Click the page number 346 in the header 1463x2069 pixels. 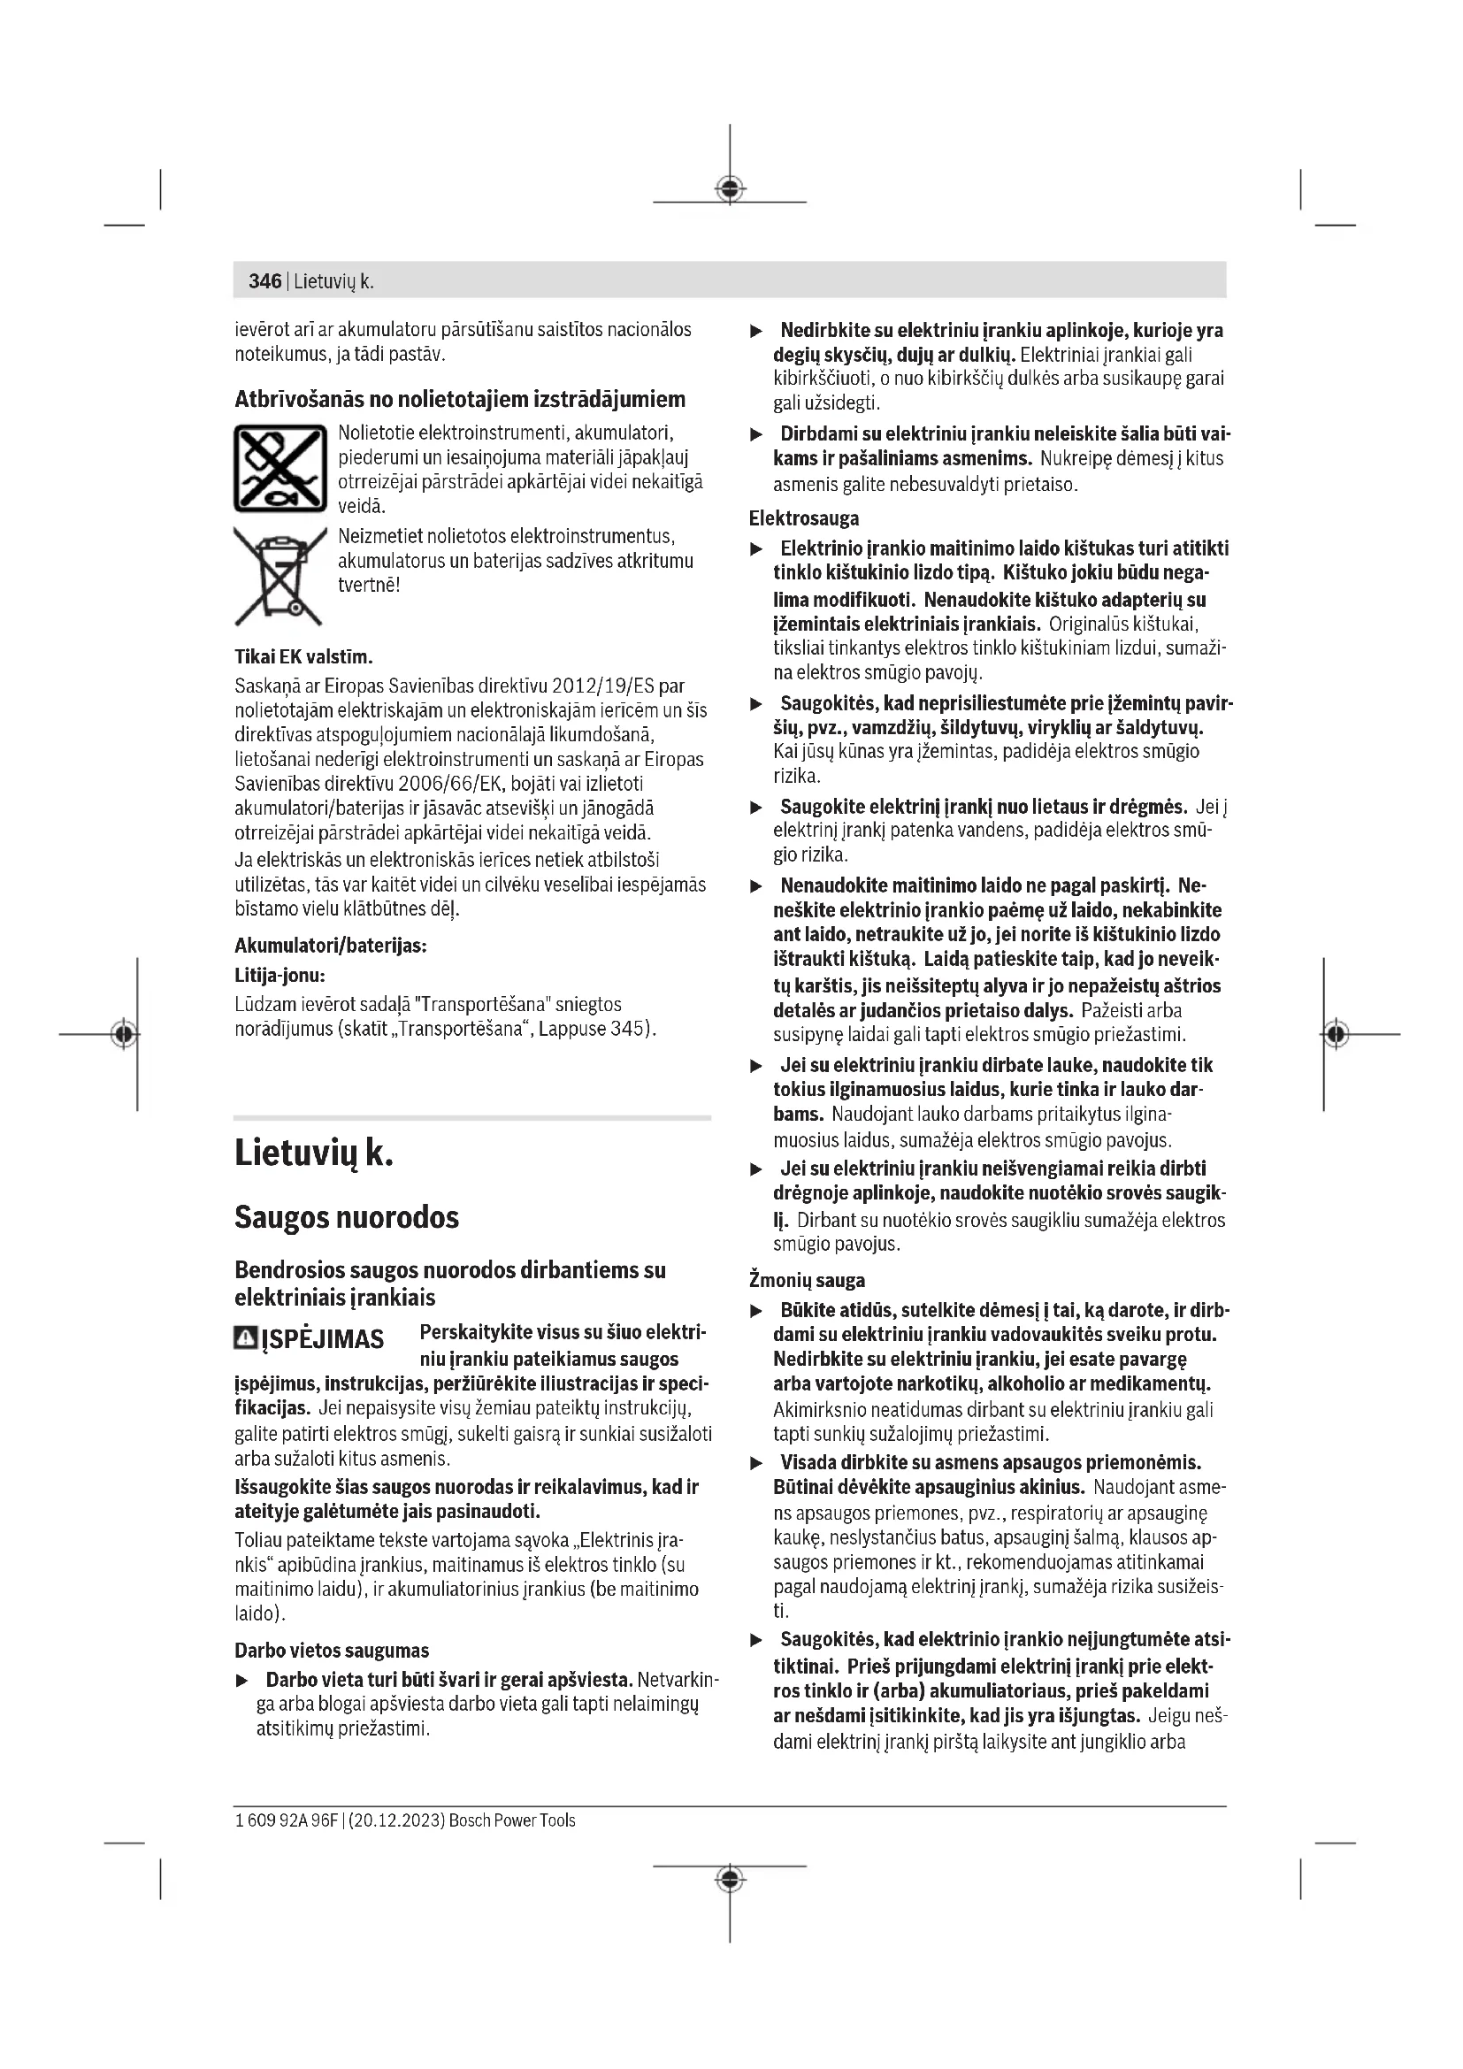[264, 281]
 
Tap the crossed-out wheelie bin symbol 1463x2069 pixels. [280, 577]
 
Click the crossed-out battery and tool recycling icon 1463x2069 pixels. [280, 469]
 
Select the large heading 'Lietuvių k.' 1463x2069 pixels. [313, 1154]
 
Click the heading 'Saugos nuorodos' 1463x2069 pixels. [347, 1218]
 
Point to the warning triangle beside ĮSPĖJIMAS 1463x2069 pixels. [245, 1338]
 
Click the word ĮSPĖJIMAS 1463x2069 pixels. [323, 1340]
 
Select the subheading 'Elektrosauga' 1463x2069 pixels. [803, 518]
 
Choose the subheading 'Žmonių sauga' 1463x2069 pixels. [807, 1281]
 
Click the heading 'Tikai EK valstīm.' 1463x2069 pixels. [303, 656]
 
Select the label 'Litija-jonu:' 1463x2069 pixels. [280, 975]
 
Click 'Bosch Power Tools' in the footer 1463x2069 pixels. [511, 1820]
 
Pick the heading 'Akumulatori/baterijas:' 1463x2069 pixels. [331, 946]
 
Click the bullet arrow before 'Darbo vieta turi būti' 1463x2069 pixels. [241, 1681]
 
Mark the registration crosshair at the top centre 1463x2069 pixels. [730, 189]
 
